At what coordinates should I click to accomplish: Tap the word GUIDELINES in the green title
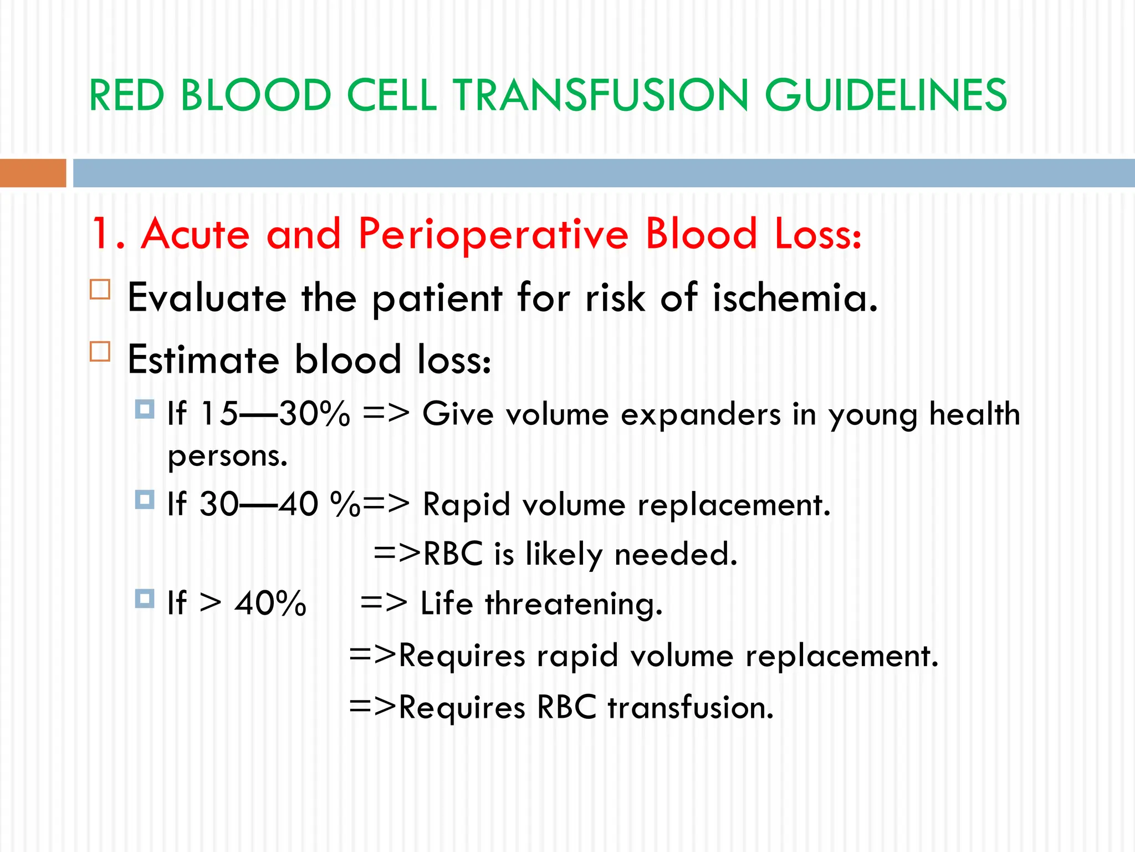pyautogui.click(x=885, y=95)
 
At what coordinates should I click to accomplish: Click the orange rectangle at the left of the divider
pyautogui.click(x=33, y=173)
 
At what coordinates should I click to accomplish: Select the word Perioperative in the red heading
pyautogui.click(x=493, y=234)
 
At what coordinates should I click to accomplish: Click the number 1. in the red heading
pyautogui.click(x=108, y=234)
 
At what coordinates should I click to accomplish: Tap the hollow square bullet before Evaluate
pyautogui.click(x=100, y=290)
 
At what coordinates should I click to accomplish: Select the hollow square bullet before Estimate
pyautogui.click(x=100, y=352)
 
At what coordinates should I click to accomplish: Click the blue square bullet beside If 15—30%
pyautogui.click(x=145, y=409)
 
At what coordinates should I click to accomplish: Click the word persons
pyautogui.click(x=227, y=457)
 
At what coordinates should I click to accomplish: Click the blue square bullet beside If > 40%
pyautogui.click(x=145, y=599)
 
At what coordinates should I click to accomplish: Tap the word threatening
pyautogui.click(x=574, y=603)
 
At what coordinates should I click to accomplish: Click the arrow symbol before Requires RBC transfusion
pyautogui.click(x=372, y=707)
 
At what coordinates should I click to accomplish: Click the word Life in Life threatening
pyautogui.click(x=446, y=603)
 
